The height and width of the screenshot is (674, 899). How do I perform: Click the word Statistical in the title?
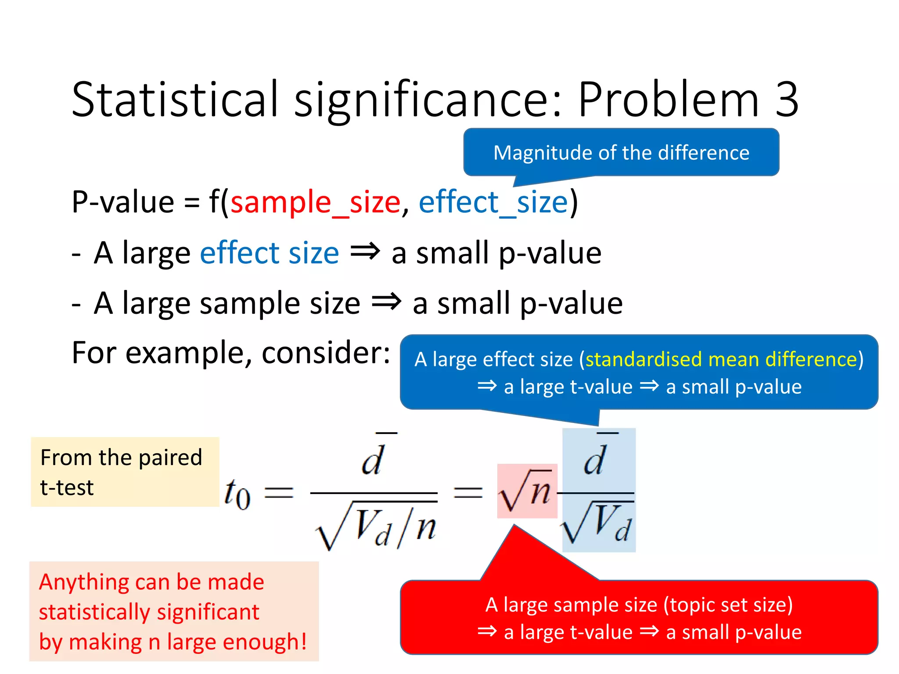175,100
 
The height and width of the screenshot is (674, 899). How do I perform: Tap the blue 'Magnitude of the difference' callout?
621,153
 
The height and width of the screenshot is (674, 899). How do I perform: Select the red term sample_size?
315,202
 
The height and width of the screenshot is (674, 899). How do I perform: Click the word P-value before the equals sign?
123,202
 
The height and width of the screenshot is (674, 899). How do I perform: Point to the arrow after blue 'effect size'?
365,252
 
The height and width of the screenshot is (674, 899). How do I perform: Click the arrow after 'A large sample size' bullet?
386,302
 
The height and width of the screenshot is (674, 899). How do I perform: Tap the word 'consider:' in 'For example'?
326,352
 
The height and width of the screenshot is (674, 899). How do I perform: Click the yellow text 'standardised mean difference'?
721,359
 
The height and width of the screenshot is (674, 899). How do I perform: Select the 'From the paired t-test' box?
125,472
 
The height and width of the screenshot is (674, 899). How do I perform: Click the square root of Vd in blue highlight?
598,523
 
